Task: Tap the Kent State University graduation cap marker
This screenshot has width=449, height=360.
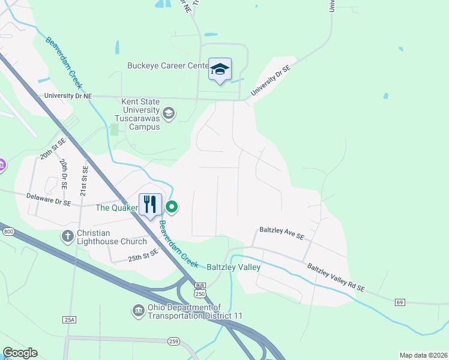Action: pos(169,113)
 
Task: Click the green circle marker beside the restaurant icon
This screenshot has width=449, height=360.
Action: pos(172,208)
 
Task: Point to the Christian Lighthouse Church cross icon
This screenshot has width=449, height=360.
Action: pos(68,236)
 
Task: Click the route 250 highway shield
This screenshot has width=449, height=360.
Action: pos(200,291)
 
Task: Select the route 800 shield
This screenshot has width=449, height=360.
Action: pos(8,232)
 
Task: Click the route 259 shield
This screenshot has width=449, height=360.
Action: pos(173,341)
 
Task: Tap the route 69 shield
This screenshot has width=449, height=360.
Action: pos(400,302)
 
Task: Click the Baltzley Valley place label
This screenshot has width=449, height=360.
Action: pos(234,267)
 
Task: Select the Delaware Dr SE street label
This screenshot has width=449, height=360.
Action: pos(49,200)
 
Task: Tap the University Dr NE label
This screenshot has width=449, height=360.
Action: pos(67,96)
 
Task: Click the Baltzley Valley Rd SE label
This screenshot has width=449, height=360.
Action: pos(336,278)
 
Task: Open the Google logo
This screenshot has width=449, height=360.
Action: pos(20,353)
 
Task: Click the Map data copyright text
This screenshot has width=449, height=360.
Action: pos(423,355)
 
